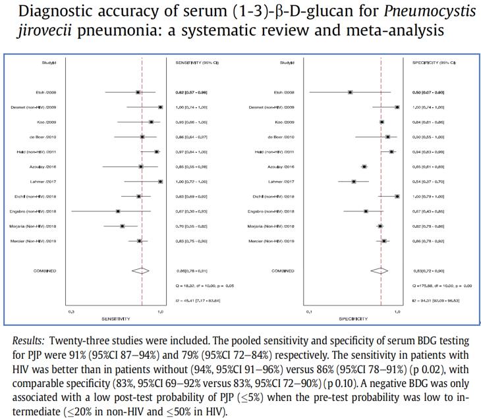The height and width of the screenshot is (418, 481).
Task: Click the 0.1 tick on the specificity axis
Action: [309, 311]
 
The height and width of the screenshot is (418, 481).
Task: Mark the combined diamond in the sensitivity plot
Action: [141, 270]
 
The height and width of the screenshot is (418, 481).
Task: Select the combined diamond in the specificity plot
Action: [380, 270]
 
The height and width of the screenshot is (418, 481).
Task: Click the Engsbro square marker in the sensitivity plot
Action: [118, 211]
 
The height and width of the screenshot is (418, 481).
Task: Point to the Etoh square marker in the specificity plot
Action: [351, 93]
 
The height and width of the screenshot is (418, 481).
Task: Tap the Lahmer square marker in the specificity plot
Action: [354, 181]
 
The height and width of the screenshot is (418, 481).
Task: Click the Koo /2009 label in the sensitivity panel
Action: [47, 122]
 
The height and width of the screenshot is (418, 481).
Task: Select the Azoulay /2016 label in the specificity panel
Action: [284, 167]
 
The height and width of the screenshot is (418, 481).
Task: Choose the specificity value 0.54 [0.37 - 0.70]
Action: [428, 181]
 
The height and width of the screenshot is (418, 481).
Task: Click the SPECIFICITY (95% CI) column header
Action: [434, 63]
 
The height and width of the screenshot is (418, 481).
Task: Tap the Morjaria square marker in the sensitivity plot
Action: [123, 226]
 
